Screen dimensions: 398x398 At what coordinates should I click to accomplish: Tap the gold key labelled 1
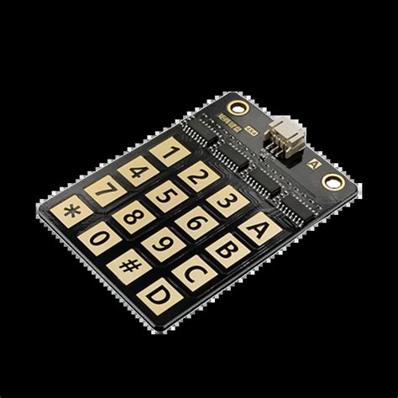click(x=170, y=153)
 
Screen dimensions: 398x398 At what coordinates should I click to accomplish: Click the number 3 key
click(x=228, y=201)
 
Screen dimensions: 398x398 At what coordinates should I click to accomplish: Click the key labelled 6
click(x=195, y=223)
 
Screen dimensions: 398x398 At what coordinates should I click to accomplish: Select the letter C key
click(x=193, y=273)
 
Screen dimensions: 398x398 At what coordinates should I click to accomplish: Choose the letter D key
click(x=157, y=296)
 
